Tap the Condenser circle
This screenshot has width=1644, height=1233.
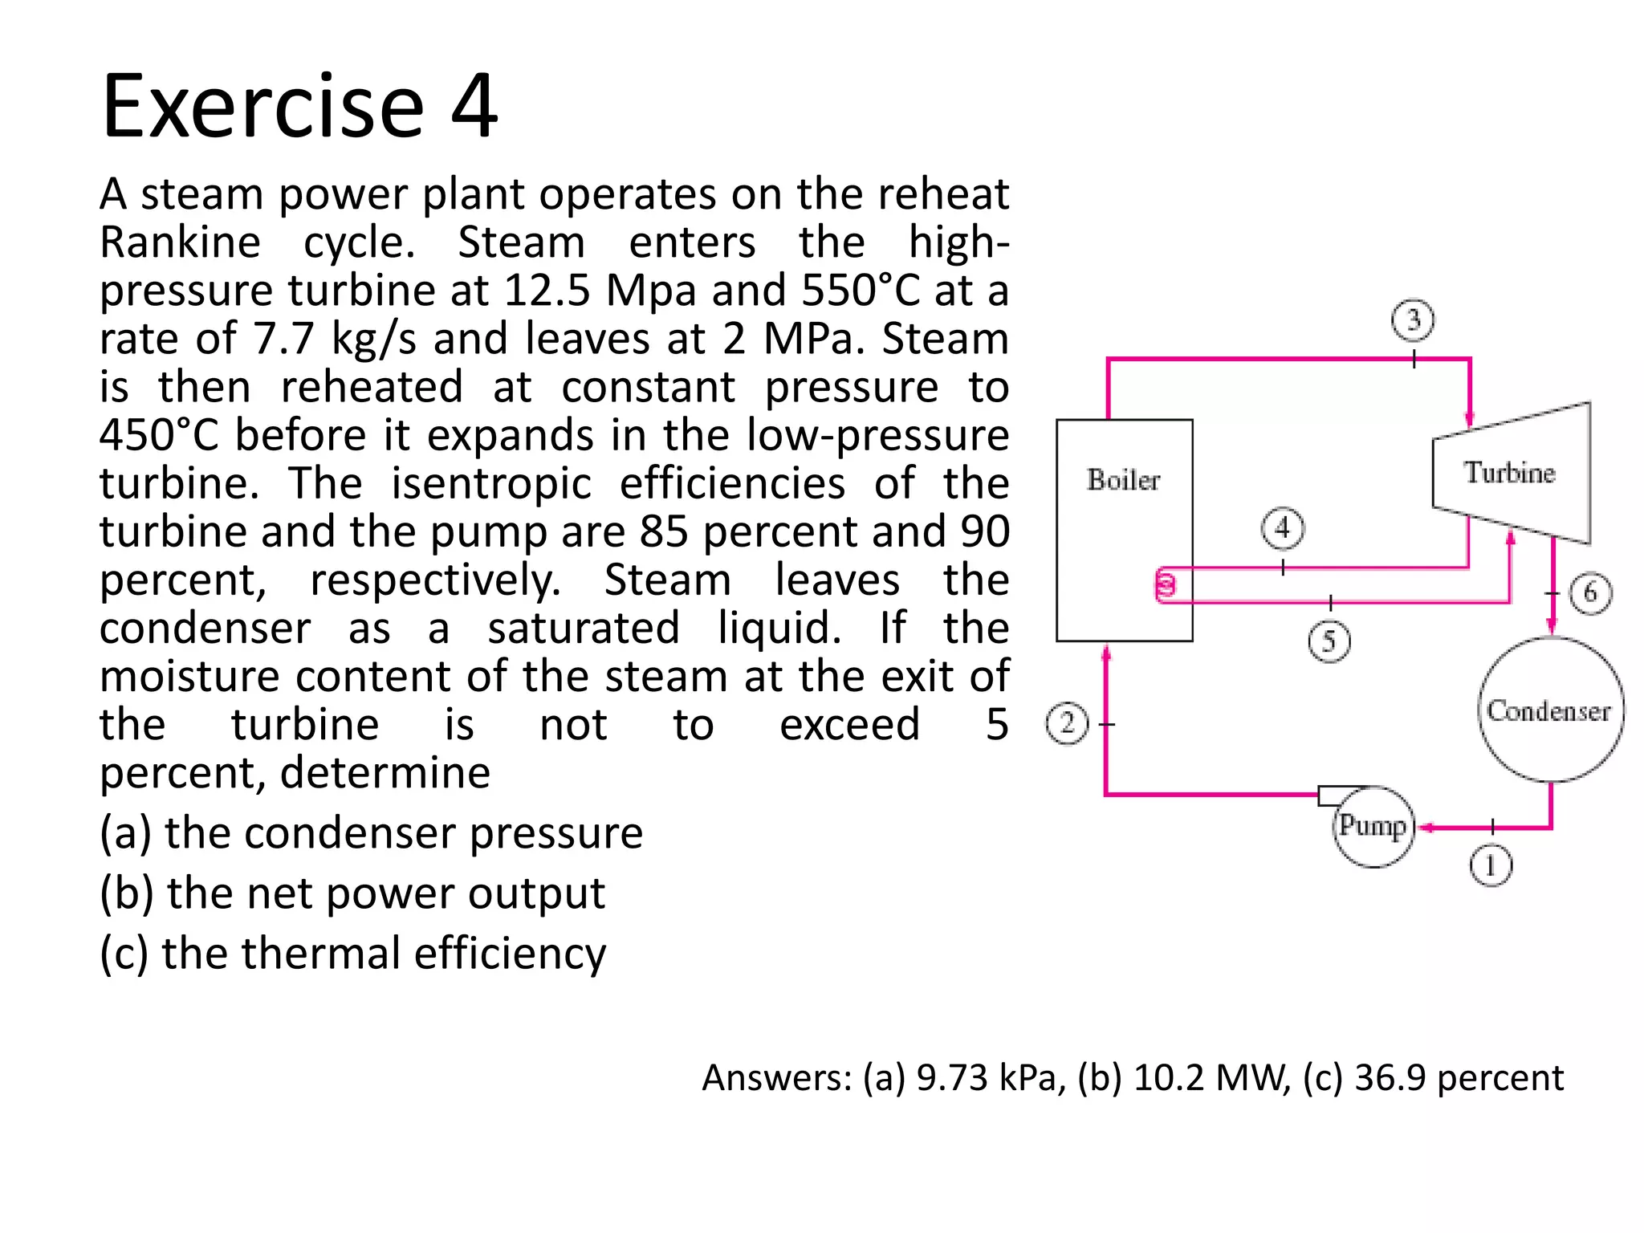[x=1550, y=710]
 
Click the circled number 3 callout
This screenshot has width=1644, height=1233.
[x=1413, y=320]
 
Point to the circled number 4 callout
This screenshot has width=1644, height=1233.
[x=1283, y=528]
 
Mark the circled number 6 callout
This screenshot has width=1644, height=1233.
[x=1590, y=594]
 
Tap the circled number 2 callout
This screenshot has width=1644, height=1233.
[x=1067, y=723]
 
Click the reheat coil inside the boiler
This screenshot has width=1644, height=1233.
[x=1166, y=584]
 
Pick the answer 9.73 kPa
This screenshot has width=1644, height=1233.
[x=991, y=1078]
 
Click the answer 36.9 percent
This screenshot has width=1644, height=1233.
[x=1459, y=1078]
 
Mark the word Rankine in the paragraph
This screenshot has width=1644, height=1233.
[x=181, y=242]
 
